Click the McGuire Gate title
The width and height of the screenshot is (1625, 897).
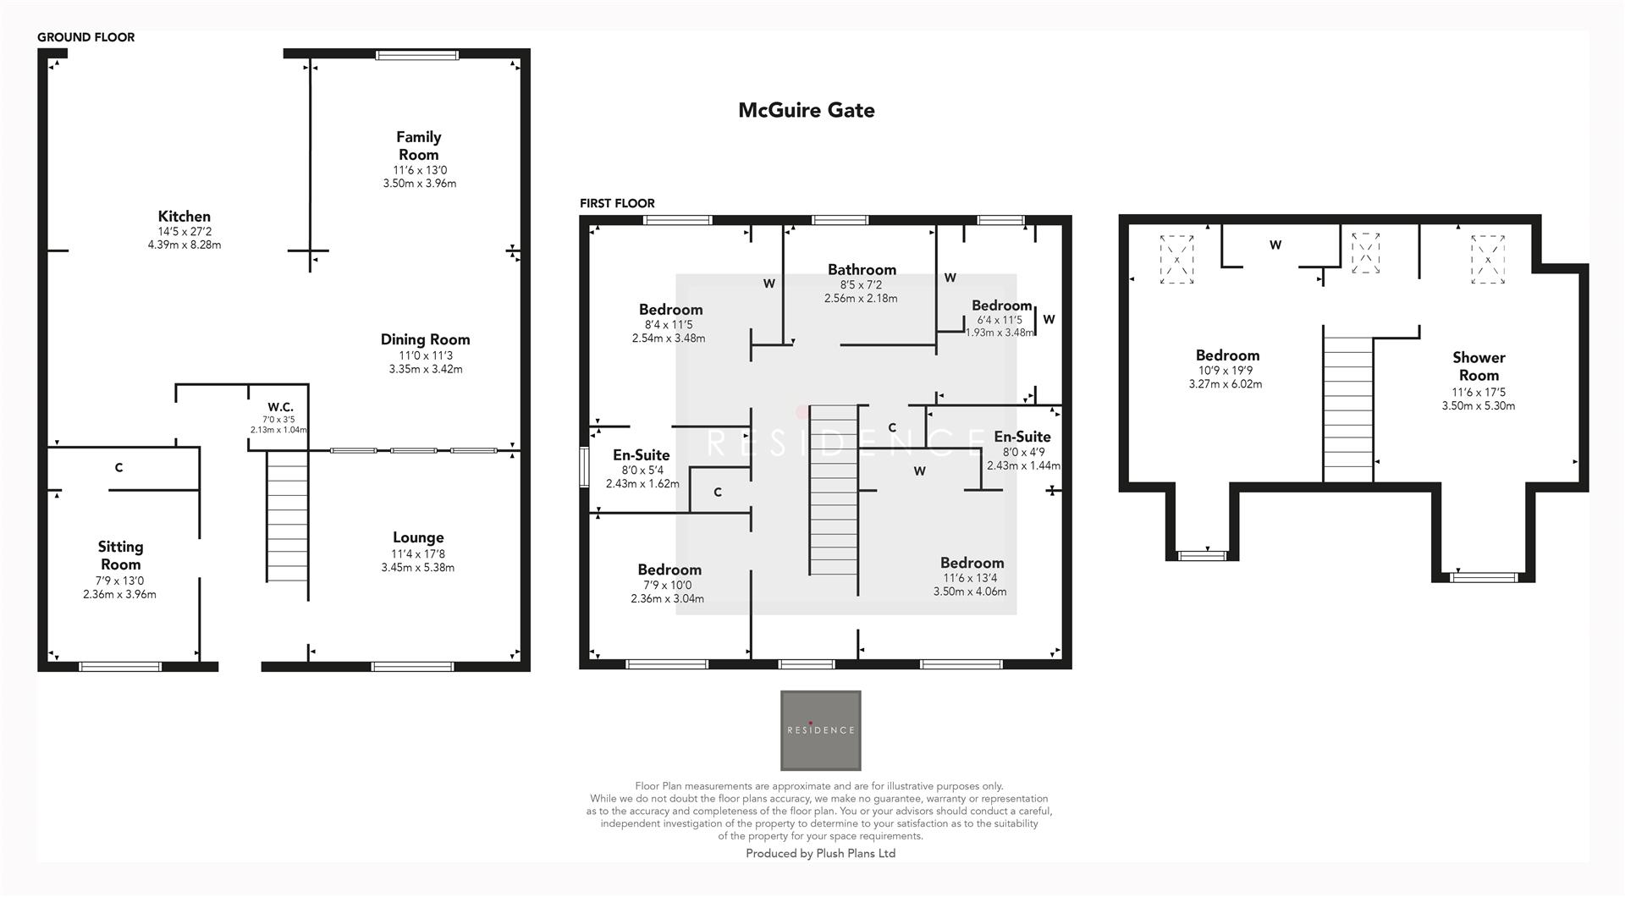pyautogui.click(x=806, y=110)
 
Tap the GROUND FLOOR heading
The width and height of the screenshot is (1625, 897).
pyautogui.click(x=85, y=37)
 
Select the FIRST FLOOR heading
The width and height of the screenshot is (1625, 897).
pyautogui.click(x=617, y=203)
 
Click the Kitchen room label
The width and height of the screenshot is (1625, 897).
pyautogui.click(x=184, y=217)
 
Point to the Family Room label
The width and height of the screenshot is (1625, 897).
pyautogui.click(x=419, y=146)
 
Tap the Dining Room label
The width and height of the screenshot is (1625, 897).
pyautogui.click(x=425, y=339)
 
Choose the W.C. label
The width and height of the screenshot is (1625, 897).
pyautogui.click(x=279, y=407)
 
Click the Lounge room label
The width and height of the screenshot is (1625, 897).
pyautogui.click(x=418, y=537)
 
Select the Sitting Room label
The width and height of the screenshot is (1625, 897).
pyautogui.click(x=120, y=555)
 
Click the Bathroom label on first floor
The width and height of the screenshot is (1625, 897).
pyautogui.click(x=862, y=270)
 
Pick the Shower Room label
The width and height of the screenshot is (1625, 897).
pyautogui.click(x=1479, y=366)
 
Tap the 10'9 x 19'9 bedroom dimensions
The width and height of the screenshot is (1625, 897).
pyautogui.click(x=1225, y=371)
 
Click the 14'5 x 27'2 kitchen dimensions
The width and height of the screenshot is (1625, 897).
pyautogui.click(x=184, y=231)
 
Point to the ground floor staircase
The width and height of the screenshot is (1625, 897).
pyautogui.click(x=287, y=516)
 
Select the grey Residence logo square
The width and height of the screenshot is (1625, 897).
pyautogui.click(x=820, y=730)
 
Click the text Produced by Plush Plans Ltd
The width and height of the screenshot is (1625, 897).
pyautogui.click(x=820, y=853)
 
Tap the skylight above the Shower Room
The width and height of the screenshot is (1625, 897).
pyautogui.click(x=1488, y=260)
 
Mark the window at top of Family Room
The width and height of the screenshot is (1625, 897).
pyautogui.click(x=417, y=56)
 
